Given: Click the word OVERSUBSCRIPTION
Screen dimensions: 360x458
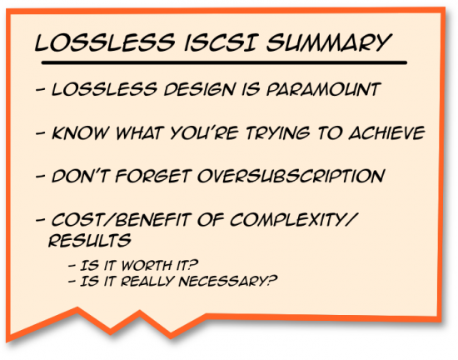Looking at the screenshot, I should [x=294, y=177].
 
